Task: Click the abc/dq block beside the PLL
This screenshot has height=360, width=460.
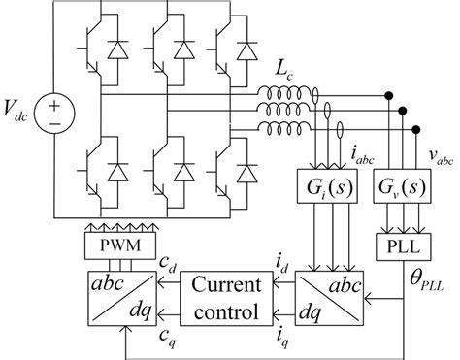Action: point(341,299)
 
